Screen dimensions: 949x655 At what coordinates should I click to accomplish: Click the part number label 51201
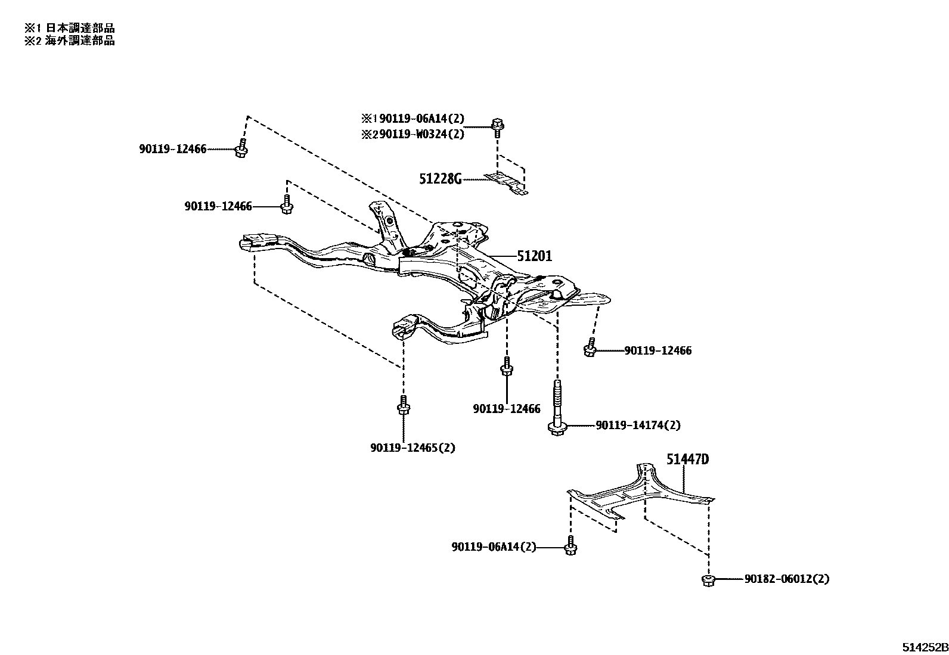[x=534, y=256]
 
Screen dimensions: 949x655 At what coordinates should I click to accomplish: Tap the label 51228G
[x=441, y=179]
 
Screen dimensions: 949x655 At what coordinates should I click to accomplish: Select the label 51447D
[x=687, y=460]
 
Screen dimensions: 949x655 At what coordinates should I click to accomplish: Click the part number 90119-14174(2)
[x=637, y=426]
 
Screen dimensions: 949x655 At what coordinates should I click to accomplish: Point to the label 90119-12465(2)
[x=412, y=448]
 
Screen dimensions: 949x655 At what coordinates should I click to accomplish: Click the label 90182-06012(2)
[x=786, y=579]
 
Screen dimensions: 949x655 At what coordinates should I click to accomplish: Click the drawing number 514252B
[x=923, y=647]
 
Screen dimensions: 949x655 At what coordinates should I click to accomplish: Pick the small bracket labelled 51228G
[x=506, y=182]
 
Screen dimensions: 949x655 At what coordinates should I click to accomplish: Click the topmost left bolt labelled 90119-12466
[x=241, y=148]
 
